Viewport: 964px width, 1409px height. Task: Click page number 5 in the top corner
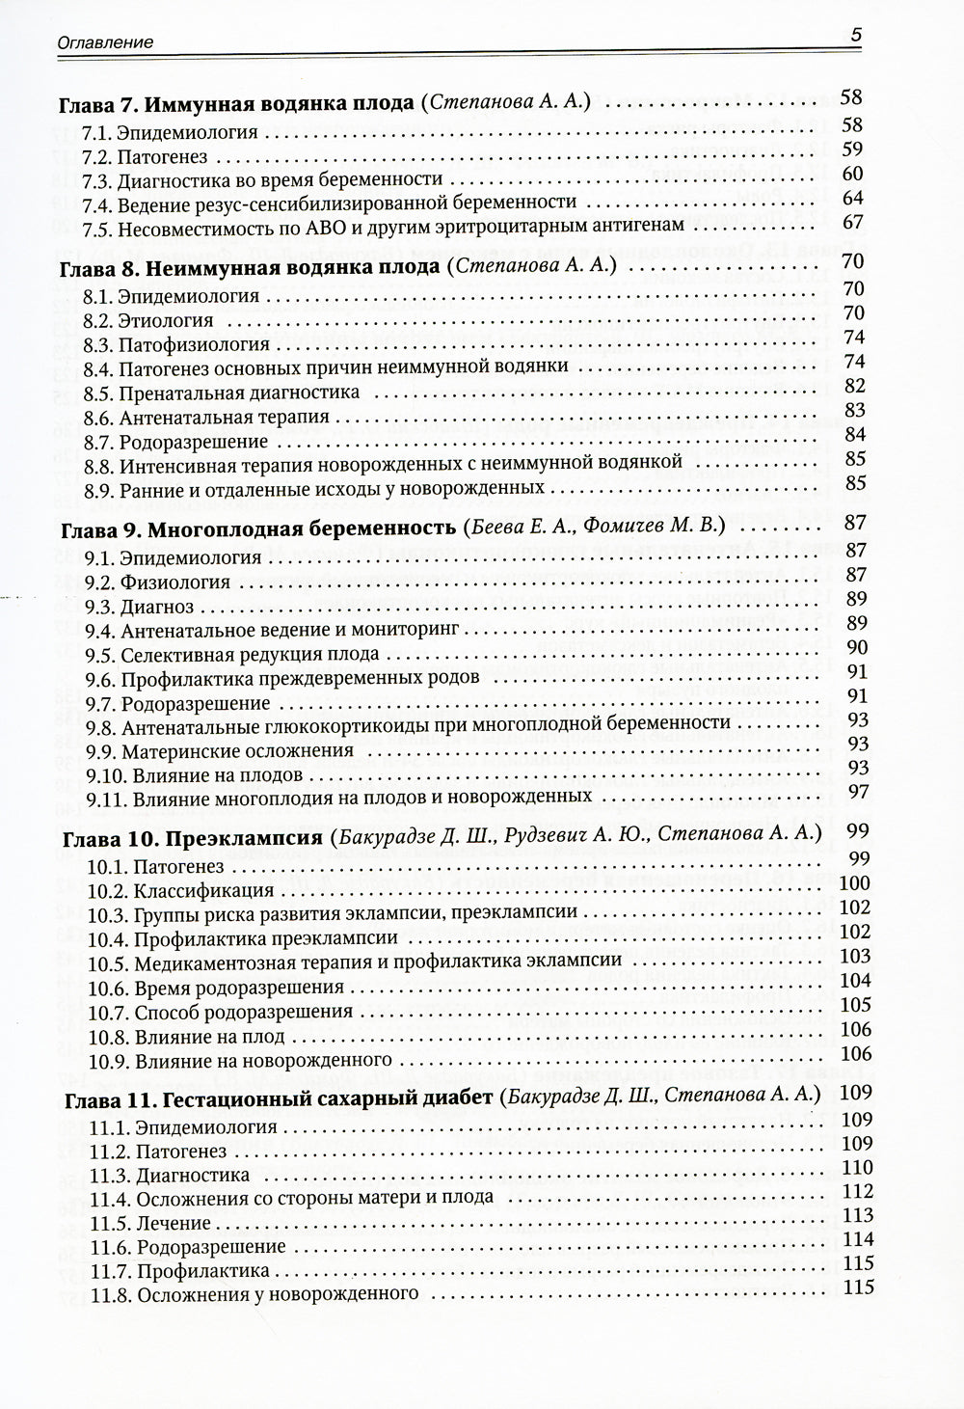coord(854,36)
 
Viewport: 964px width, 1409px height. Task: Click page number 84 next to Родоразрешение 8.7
coord(854,436)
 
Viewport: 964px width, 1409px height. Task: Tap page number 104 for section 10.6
coord(855,980)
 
